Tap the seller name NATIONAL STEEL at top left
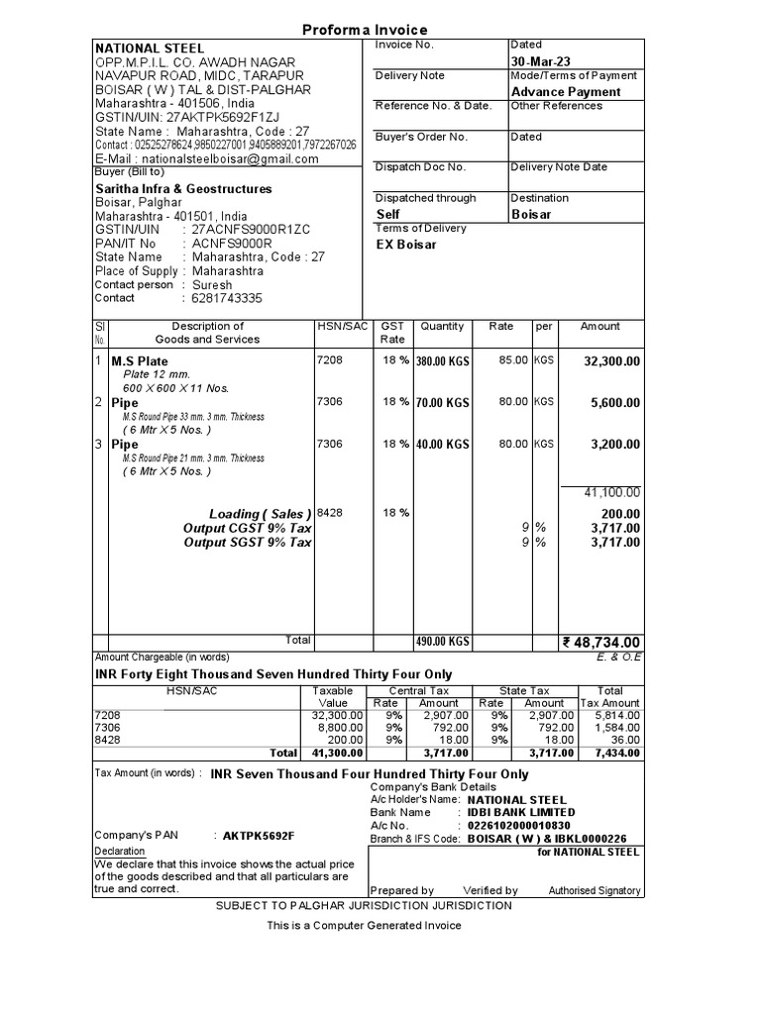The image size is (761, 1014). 150,48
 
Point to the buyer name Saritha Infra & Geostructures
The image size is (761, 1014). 183,188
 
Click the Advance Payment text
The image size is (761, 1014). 566,92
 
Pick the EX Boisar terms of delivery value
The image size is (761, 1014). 406,245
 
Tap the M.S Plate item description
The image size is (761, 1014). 140,362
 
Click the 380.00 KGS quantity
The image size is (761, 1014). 442,362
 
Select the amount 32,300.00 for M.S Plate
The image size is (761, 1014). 611,362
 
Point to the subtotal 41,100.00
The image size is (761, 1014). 611,492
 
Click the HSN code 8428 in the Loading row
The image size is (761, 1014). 329,513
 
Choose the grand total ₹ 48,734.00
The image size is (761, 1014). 601,643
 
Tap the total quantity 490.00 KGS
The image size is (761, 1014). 442,642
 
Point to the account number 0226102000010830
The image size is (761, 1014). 518,825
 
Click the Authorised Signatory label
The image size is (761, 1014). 595,890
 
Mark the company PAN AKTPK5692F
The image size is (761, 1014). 259,835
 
